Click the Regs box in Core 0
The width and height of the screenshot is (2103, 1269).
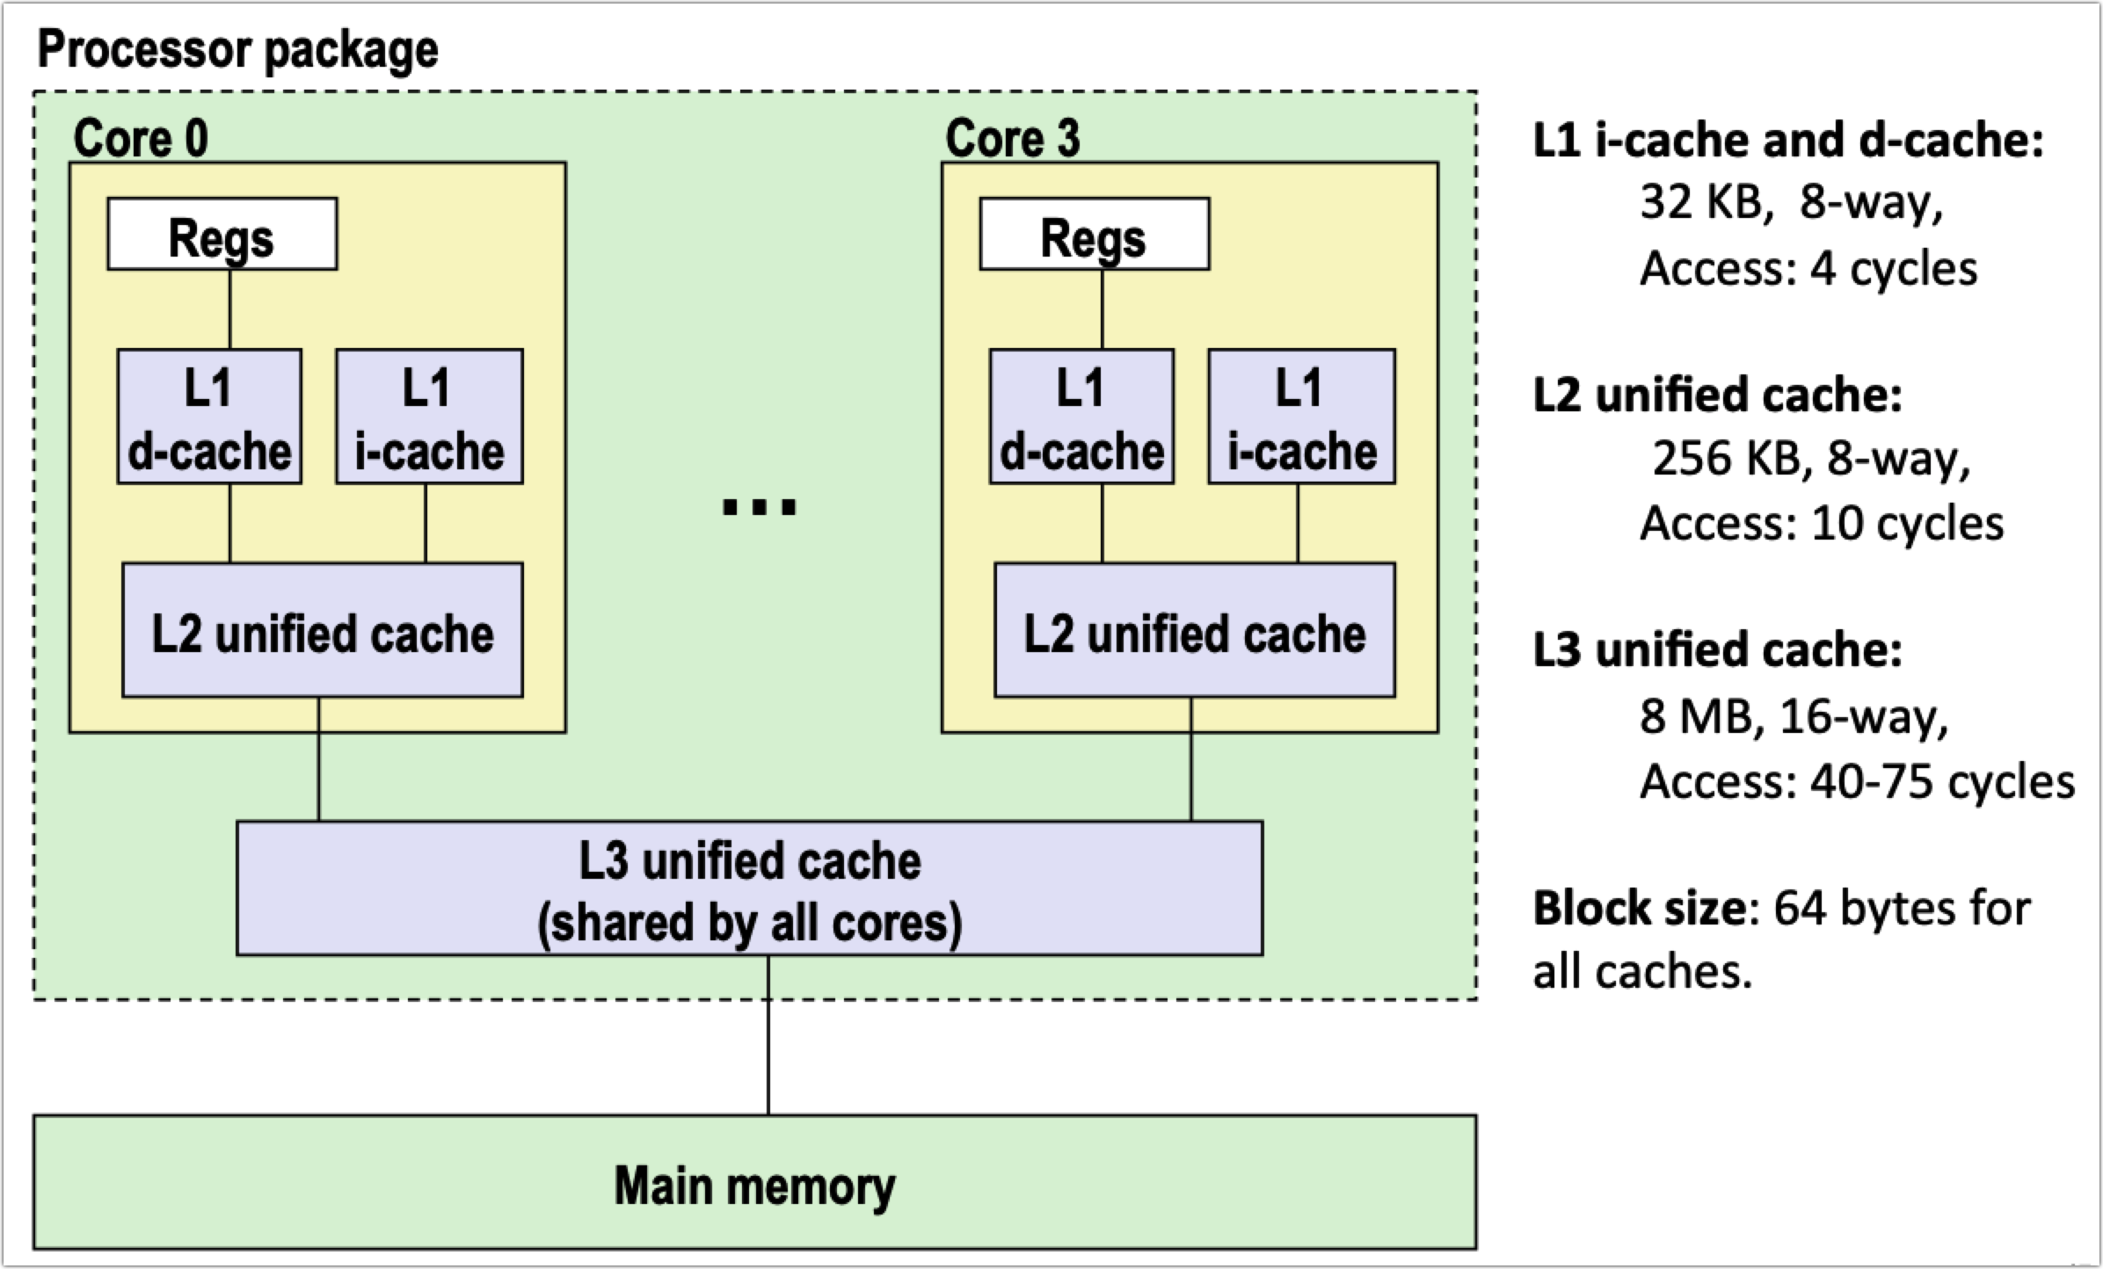point(222,234)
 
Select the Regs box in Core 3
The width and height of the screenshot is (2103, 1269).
point(1094,234)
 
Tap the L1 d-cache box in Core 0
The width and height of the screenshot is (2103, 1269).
point(209,417)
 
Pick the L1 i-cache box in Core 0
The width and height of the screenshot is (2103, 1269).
point(429,417)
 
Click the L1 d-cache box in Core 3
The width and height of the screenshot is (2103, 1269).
point(1081,417)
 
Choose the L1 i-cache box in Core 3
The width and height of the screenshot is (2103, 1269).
point(1301,417)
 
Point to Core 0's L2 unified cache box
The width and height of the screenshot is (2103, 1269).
point(322,630)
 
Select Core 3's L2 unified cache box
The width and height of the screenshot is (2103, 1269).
point(1194,630)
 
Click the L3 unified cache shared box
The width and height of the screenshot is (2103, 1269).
point(749,888)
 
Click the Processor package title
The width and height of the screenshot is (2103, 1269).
point(237,49)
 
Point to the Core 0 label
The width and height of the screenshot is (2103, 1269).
point(141,138)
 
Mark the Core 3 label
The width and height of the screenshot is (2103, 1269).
point(1012,138)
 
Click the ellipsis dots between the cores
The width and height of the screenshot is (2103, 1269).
point(759,507)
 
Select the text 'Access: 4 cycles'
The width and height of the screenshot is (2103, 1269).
point(1808,268)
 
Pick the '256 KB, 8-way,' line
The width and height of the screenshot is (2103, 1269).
point(1810,458)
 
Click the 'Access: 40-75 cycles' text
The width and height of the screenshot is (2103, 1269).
point(1856,780)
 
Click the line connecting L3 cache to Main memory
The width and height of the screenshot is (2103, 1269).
point(768,1035)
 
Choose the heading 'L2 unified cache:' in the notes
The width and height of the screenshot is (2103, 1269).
point(1717,395)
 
